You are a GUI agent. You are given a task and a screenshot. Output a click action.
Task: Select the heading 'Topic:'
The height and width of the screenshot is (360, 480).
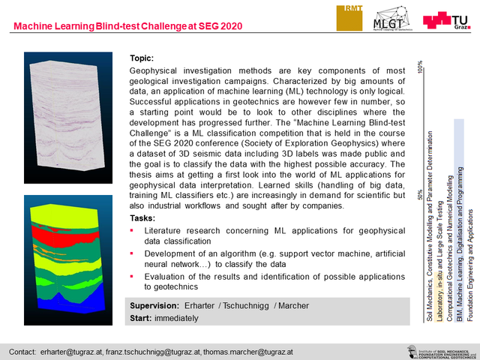tap(142, 58)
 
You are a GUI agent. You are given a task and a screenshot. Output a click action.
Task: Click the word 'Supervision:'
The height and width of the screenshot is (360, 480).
tap(154, 306)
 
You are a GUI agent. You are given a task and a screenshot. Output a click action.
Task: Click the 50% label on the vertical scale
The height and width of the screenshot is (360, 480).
tap(420, 196)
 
